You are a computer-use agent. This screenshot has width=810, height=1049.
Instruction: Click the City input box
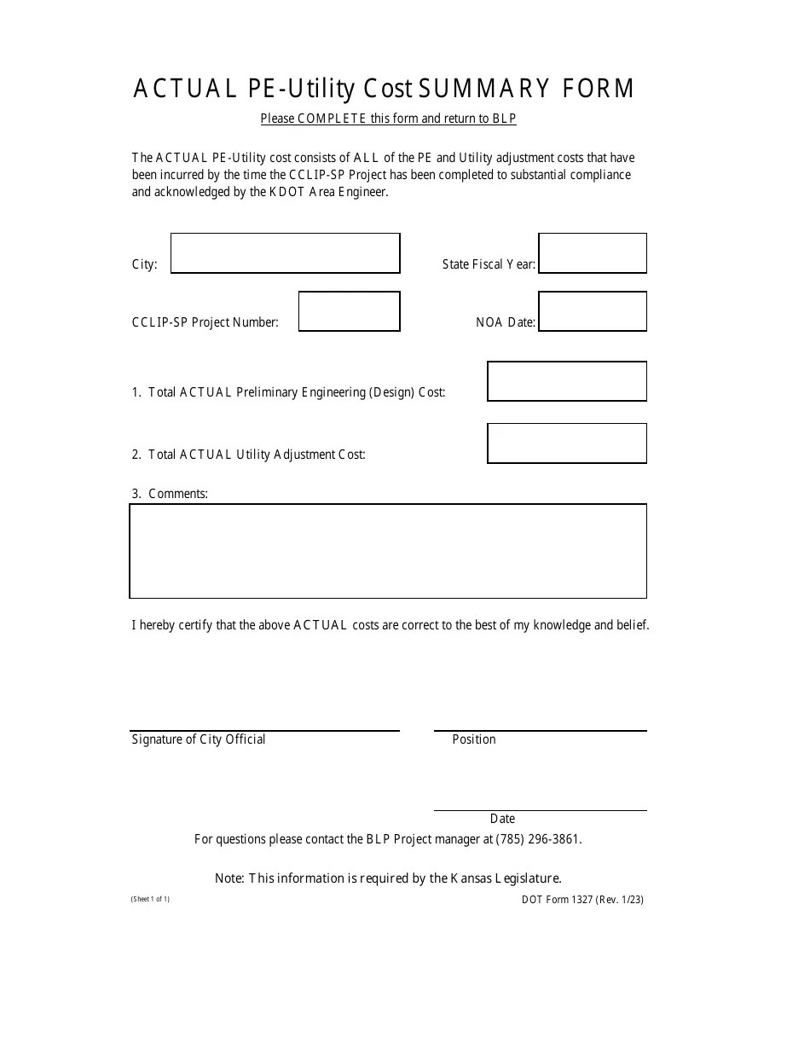[x=285, y=253]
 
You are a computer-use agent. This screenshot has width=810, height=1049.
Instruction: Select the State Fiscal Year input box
[x=593, y=253]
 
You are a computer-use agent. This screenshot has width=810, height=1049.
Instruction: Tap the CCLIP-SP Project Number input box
[x=349, y=311]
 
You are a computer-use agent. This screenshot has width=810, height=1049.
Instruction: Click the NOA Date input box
[x=593, y=311]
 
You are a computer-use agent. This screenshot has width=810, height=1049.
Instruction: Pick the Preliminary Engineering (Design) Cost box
[x=567, y=381]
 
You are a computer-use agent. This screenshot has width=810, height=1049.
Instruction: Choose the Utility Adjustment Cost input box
[x=567, y=443]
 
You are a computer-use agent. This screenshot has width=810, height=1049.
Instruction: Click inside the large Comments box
[x=388, y=551]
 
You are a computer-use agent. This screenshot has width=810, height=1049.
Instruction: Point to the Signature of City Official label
[x=199, y=739]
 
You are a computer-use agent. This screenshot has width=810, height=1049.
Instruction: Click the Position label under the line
[x=474, y=739]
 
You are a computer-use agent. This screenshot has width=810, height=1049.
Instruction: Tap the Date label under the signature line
[x=502, y=819]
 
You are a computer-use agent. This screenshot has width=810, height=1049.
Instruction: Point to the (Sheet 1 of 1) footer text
[x=150, y=899]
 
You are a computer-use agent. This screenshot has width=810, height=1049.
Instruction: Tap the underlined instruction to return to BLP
[x=388, y=119]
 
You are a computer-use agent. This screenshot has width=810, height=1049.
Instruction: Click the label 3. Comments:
[x=170, y=494]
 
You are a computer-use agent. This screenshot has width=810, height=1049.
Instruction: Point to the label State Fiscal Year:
[x=489, y=264]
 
